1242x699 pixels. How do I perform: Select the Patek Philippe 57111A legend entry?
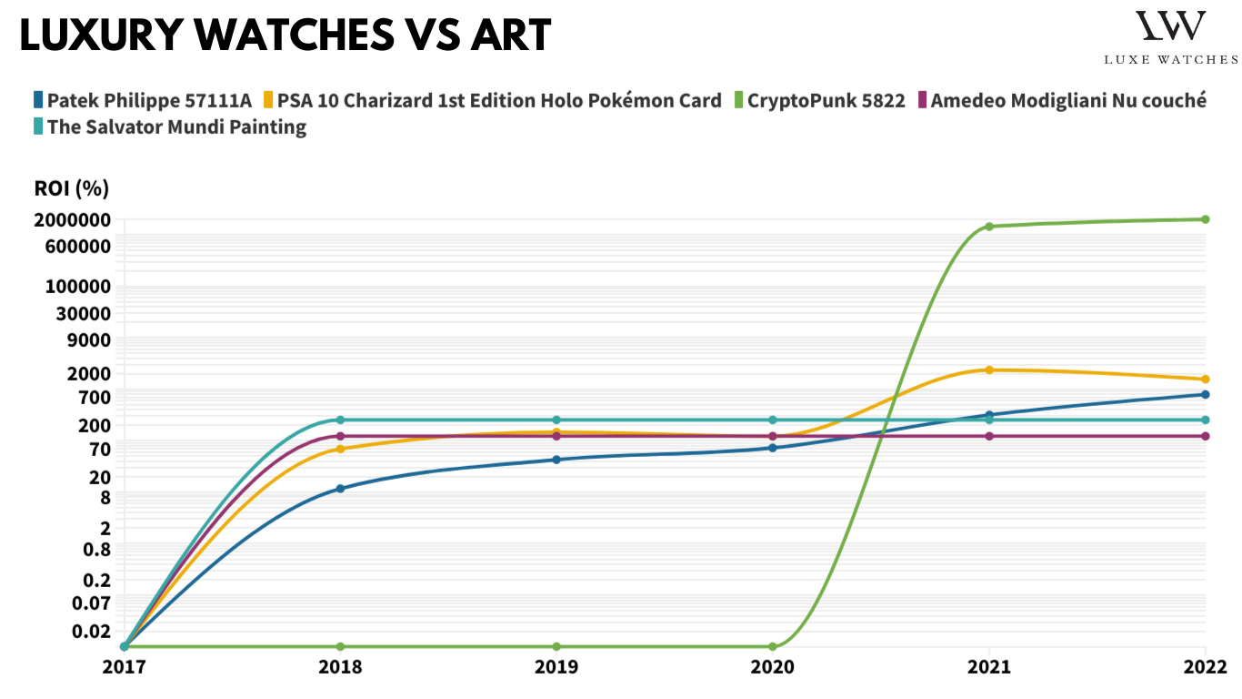pyautogui.click(x=142, y=100)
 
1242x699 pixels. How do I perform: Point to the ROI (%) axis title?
pyautogui.click(x=72, y=188)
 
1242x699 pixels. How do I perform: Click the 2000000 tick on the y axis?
pyautogui.click(x=72, y=220)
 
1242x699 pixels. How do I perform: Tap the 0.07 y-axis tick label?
pyautogui.click(x=92, y=603)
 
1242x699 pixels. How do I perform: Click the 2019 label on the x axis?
pyautogui.click(x=556, y=666)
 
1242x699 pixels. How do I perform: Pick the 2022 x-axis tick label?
pyautogui.click(x=1205, y=666)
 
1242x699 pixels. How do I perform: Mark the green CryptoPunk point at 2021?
pyautogui.click(x=989, y=227)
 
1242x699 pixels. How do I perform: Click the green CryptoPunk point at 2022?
pyautogui.click(x=1205, y=219)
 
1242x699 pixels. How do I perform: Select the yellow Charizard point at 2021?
pyautogui.click(x=989, y=370)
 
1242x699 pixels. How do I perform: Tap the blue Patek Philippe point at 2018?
pyautogui.click(x=340, y=489)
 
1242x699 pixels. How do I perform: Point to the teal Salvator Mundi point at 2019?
pyautogui.click(x=556, y=420)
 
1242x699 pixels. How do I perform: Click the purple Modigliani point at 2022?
pyautogui.click(x=1205, y=436)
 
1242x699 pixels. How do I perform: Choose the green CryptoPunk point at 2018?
pyautogui.click(x=340, y=646)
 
